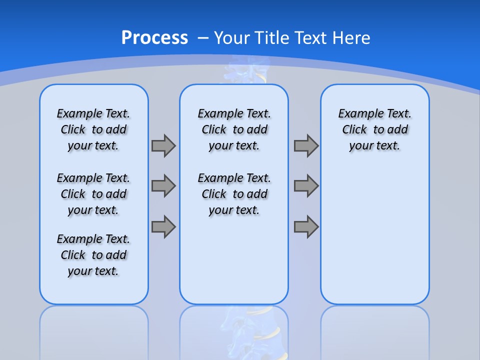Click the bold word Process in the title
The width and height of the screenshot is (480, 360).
tap(154, 38)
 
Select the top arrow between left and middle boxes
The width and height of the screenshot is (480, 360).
tap(163, 146)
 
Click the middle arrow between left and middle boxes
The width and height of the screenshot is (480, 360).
tap(163, 186)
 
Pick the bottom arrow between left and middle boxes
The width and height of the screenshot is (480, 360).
tap(163, 227)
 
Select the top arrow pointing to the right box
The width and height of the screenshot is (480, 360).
tap(306, 146)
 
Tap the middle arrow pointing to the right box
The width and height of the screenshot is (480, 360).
tap(306, 186)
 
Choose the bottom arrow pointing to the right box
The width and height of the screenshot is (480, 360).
tap(306, 227)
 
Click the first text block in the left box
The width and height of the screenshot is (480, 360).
tap(93, 129)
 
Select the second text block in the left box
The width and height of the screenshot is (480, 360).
tap(93, 194)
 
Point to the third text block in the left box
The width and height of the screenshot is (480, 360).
tap(93, 255)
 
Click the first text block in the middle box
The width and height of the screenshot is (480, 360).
tap(234, 129)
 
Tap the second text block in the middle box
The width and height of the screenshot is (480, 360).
tap(234, 194)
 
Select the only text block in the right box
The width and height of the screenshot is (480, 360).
tap(374, 129)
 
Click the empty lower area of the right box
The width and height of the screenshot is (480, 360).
tap(374, 235)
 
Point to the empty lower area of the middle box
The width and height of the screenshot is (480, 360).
tap(234, 260)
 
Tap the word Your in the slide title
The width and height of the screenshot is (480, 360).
tap(232, 38)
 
